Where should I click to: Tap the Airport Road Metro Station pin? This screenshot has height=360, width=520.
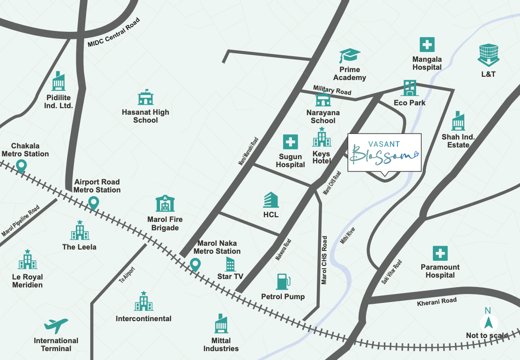click(x=94, y=203)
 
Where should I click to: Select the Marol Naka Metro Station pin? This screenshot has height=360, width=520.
click(x=195, y=265)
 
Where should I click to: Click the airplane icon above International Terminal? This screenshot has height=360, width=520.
click(x=56, y=325)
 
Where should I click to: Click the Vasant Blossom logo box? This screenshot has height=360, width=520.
click(x=384, y=153)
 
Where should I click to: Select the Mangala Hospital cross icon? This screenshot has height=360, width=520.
click(x=427, y=45)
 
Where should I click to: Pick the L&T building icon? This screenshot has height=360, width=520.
click(x=487, y=55)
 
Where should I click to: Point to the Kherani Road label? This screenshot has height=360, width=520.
click(x=437, y=302)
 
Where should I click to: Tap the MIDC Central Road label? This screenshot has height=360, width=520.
click(x=113, y=33)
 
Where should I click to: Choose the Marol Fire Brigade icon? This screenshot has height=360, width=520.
click(x=165, y=203)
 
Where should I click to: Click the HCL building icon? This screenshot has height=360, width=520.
click(x=271, y=200)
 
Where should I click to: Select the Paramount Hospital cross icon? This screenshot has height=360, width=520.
click(x=440, y=253)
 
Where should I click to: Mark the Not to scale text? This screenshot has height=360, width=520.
click(x=487, y=335)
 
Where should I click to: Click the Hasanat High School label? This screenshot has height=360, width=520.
click(x=145, y=116)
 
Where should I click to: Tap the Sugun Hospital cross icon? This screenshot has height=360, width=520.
click(x=290, y=142)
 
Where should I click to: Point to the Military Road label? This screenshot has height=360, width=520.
click(x=332, y=90)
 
